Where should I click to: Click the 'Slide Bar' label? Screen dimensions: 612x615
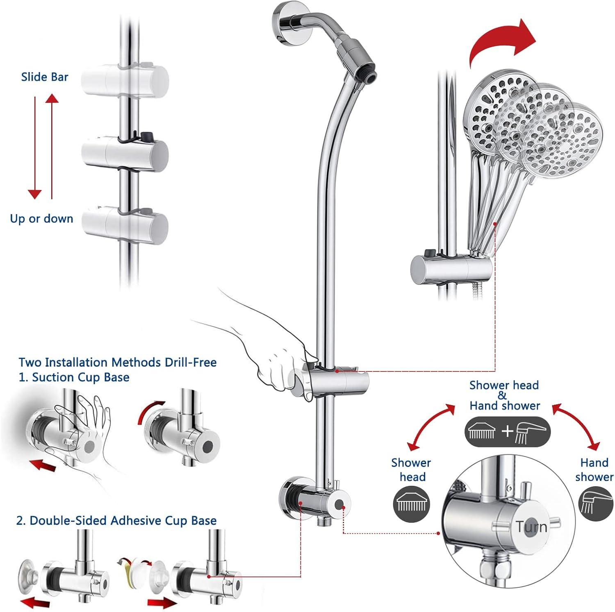coord(45,77)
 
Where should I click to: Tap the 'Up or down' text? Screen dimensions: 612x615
coord(41,219)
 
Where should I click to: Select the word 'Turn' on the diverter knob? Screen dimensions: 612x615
coord(531,527)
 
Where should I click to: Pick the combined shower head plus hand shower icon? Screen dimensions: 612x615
coord(507,432)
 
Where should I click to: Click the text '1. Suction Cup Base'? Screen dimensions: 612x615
coord(74,377)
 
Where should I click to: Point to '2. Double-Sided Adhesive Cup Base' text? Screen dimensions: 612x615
coord(116,521)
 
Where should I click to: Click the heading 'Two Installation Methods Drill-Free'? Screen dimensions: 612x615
coord(118,363)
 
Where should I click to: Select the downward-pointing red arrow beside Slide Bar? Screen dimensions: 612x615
coord(35,147)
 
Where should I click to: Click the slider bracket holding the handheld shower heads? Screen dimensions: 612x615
coord(451,269)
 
